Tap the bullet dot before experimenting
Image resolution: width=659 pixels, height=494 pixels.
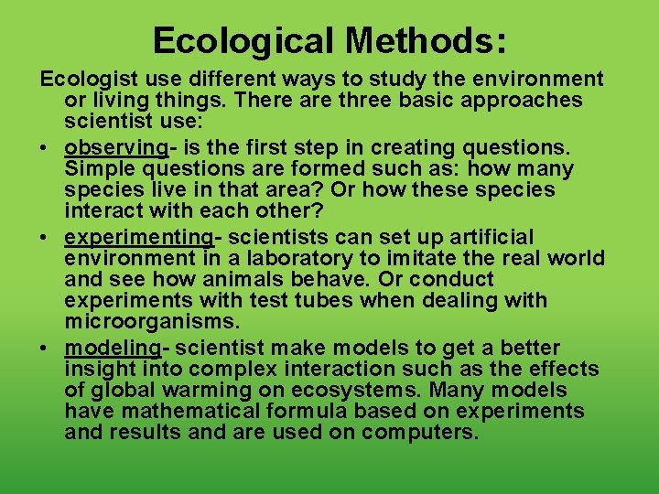(46, 238)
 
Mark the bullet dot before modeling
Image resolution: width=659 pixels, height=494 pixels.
(46, 349)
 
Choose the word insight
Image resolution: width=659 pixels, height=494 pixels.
(98, 370)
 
